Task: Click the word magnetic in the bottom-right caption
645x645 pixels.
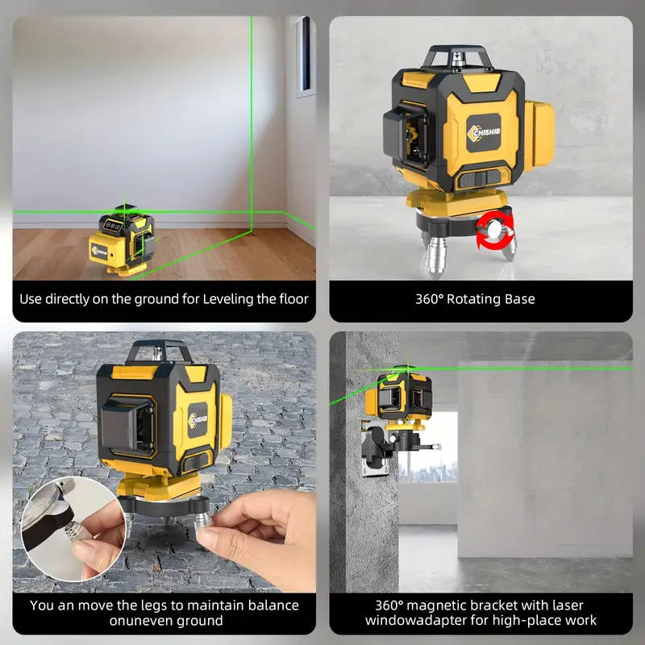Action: pos(435,606)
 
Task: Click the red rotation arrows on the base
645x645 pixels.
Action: pos(495,231)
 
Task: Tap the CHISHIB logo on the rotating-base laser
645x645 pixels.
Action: pos(484,133)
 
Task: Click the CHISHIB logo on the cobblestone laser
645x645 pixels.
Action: pos(198,420)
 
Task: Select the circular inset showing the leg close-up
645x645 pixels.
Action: pos(73,529)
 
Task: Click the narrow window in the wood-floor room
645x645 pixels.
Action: pos(306,56)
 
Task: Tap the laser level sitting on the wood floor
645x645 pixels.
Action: pos(123,240)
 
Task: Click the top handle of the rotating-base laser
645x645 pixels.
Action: pos(457,56)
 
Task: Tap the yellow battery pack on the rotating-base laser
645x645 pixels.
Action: pos(539,135)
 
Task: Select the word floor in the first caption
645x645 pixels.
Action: pos(293,299)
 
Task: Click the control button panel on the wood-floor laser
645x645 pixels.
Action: pos(113,225)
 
